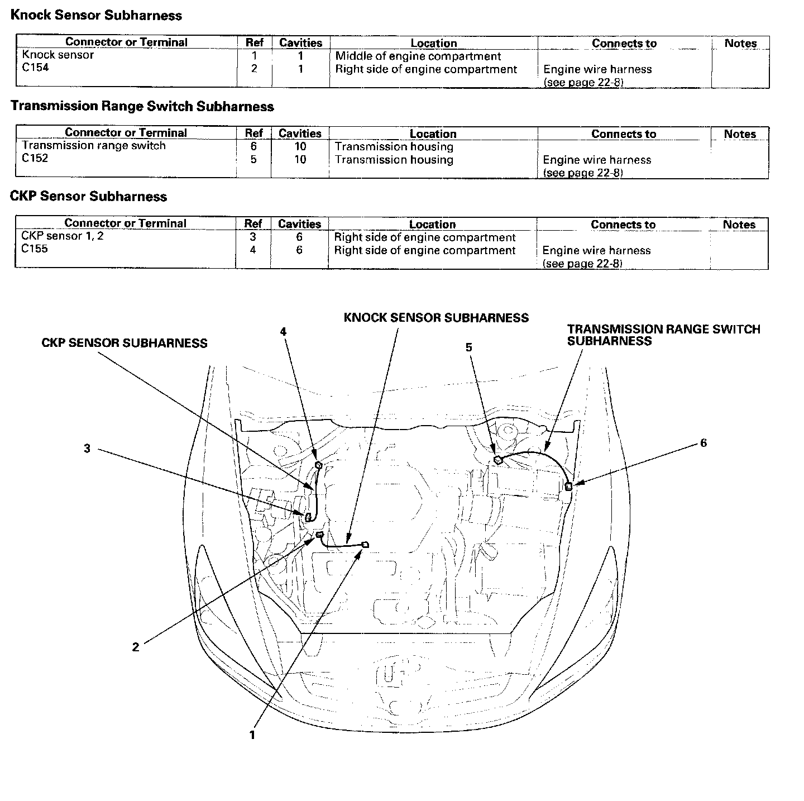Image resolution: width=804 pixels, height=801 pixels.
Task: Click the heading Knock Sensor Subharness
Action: coord(96,15)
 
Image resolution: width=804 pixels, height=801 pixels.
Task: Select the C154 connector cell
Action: coord(35,68)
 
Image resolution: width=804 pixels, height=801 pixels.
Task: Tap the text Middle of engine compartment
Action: coord(418,56)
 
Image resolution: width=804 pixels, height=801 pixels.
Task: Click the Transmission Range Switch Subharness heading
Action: coord(142,106)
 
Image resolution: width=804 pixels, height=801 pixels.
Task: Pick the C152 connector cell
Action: coord(35,158)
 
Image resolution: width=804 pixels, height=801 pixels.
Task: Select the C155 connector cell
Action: coord(35,249)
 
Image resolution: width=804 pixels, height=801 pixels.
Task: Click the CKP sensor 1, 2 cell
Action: coord(62,236)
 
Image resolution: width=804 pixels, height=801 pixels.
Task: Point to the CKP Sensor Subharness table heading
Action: coord(88,196)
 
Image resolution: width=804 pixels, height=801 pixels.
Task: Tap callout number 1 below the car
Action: coord(252,735)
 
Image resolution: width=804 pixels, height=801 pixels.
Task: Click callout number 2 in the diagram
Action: coord(136,647)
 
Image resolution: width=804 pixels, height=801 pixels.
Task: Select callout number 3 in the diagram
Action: coord(87,449)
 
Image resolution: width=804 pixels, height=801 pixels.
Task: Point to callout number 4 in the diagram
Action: coord(283,331)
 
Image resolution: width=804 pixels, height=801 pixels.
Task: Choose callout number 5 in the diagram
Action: coord(469,347)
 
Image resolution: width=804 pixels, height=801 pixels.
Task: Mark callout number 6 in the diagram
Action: coord(703,442)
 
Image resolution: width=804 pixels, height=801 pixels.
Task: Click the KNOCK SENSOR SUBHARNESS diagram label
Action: coord(436,318)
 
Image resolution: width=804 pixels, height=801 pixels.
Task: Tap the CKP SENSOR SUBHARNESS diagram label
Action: coord(125,343)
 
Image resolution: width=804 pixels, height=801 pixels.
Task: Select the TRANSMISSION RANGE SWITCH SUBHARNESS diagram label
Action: coord(663,335)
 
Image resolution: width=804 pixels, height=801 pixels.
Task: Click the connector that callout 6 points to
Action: coord(568,486)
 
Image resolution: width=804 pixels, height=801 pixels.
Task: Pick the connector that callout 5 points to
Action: coord(498,460)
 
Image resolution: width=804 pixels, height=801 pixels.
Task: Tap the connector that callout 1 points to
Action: coord(365,545)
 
